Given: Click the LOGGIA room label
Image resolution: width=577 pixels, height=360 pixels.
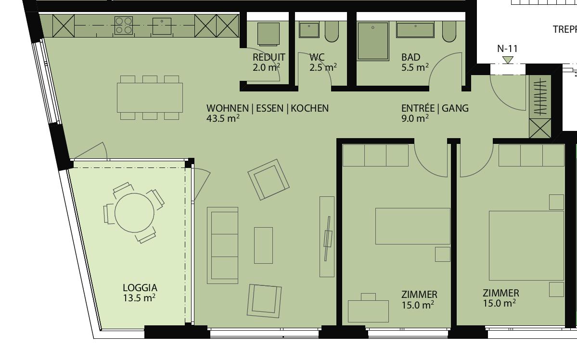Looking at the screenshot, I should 140,288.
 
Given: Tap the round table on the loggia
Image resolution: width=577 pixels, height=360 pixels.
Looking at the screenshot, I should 134,212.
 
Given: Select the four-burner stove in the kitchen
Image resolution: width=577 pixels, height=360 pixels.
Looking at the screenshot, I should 123,26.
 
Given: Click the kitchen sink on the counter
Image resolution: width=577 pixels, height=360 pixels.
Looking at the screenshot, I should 162,26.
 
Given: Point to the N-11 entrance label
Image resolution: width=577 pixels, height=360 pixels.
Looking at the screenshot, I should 507,49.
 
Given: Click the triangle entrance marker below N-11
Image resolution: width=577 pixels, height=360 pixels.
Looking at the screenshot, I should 507,60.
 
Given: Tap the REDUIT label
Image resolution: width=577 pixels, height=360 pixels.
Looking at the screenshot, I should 269,57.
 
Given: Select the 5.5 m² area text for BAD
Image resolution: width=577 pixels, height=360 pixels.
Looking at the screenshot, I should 415,68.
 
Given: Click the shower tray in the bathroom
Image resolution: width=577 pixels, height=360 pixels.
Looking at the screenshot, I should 373,41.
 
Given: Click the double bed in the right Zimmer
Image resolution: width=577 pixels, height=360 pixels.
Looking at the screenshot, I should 526,245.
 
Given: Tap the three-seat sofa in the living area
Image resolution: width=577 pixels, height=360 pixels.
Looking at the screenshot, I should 222,245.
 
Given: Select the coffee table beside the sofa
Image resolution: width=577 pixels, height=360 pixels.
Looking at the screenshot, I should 263,245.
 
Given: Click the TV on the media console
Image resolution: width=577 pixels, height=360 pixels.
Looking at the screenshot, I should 328,238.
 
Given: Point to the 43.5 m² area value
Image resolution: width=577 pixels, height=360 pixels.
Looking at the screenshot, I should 223,118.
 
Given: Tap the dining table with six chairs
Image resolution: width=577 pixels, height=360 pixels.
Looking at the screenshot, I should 150,97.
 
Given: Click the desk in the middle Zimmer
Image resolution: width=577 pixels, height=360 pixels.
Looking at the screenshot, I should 368,311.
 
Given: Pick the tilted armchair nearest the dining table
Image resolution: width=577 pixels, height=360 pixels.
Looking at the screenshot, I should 269,180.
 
